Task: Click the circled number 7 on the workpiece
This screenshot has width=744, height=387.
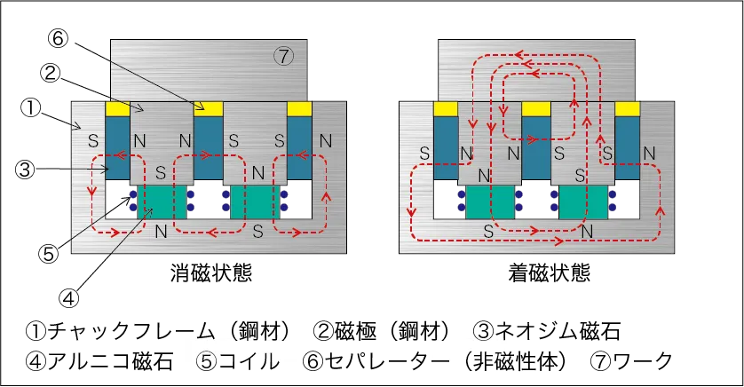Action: pos(283,57)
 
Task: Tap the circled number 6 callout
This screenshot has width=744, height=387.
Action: pos(58,39)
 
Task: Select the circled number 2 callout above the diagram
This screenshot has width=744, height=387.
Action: pos(50,74)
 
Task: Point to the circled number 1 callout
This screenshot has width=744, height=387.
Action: pos(31,108)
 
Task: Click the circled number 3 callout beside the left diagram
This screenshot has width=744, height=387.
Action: pos(25,170)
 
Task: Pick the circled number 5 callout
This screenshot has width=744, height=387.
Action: pos(49,254)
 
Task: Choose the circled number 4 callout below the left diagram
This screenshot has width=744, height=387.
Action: pos(68,298)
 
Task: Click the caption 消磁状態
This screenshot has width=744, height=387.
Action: pos(210,273)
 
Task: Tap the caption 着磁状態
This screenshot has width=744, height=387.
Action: pos(549,273)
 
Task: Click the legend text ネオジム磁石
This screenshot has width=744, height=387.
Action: pos(558,331)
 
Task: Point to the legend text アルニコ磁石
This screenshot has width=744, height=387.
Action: pos(110,361)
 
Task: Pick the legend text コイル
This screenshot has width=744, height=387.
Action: pos(249,361)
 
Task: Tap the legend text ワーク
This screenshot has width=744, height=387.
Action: pos(643,361)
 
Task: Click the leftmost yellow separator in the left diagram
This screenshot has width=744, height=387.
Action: pos(116,109)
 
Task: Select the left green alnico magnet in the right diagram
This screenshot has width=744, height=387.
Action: pos(490,202)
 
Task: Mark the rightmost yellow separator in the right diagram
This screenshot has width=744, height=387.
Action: pos(628,109)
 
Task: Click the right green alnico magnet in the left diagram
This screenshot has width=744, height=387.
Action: pos(255,202)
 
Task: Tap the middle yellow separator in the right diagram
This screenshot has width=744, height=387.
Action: pos(535,109)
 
